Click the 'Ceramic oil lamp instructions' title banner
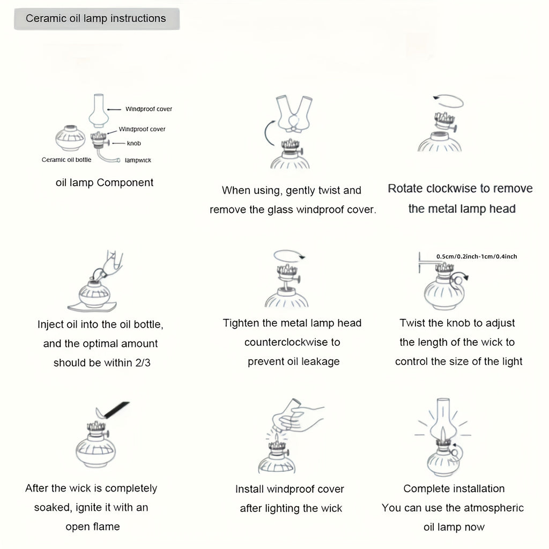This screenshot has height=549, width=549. (x=97, y=19)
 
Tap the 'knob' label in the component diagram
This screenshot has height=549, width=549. (x=133, y=143)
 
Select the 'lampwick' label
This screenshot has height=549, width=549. (x=138, y=160)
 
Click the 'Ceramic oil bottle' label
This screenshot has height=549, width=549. (x=66, y=160)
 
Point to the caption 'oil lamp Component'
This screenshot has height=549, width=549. (x=105, y=182)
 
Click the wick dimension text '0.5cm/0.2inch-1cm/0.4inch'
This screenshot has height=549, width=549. (x=477, y=256)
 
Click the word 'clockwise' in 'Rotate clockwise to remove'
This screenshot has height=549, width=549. (x=450, y=188)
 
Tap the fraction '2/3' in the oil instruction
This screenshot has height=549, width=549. (x=143, y=363)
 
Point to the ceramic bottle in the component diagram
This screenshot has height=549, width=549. (x=70, y=138)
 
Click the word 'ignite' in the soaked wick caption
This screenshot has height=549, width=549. (x=86, y=508)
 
